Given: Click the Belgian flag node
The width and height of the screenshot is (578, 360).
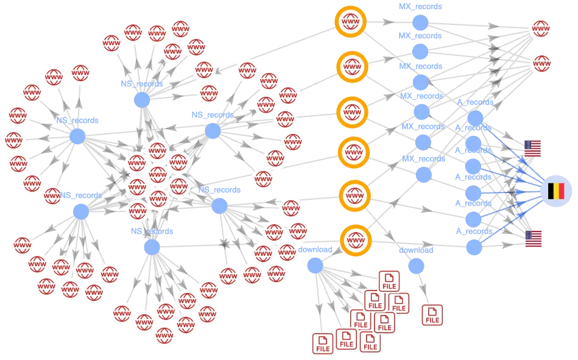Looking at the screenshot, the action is [556, 191].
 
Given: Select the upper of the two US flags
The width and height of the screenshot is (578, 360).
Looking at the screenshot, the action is [533, 148].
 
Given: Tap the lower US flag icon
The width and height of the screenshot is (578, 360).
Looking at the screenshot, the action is [534, 239].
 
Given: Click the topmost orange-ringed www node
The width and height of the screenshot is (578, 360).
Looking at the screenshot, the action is [351, 22].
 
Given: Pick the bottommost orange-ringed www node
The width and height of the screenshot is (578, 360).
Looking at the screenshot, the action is [356, 241].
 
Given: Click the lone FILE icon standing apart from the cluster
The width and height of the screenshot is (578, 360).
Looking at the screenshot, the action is [432, 316].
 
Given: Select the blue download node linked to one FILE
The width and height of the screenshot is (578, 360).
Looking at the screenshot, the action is [416, 266].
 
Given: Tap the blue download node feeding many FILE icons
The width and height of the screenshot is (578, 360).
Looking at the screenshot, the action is [315, 266].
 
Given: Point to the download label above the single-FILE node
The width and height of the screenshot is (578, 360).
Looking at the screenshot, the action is [416, 250].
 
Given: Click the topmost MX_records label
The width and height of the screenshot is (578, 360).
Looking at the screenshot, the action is [420, 6].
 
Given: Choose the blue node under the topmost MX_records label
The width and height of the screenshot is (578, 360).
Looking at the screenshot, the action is [420, 23].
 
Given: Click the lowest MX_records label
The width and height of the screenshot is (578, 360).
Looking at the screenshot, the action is [423, 158].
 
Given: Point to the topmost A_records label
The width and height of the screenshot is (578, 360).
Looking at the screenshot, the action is [476, 102].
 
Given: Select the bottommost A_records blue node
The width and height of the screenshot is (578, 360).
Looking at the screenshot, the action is [474, 247].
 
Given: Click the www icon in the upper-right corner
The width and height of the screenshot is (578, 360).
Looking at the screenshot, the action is [541, 29].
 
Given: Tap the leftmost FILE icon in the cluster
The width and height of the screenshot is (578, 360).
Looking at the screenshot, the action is [323, 344].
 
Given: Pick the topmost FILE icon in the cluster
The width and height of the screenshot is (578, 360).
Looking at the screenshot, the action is [389, 281].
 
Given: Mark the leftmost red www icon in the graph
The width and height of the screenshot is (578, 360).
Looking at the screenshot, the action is [13, 140].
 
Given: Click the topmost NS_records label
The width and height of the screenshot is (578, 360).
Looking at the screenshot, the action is [142, 83].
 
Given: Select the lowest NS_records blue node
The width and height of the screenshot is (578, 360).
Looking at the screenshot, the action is [152, 247].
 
